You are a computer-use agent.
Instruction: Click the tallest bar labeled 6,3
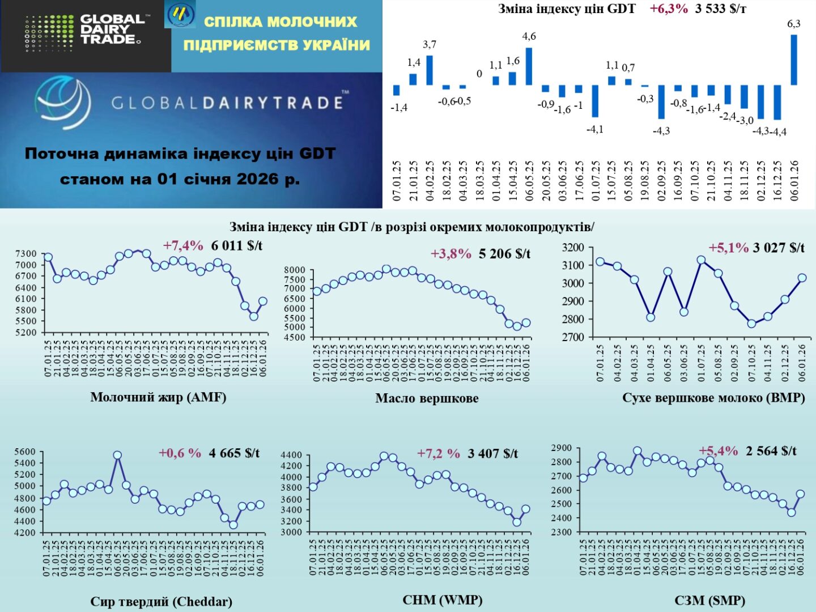pyautogui.click(x=794, y=60)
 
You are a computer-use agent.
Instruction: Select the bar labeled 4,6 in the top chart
pyautogui.click(x=529, y=66)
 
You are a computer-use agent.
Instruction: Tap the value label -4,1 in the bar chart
pyautogui.click(x=595, y=130)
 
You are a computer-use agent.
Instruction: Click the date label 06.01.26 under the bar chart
pyautogui.click(x=794, y=180)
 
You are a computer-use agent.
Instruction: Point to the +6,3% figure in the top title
pyautogui.click(x=669, y=9)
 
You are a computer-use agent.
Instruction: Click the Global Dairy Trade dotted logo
pyautogui.click(x=49, y=33)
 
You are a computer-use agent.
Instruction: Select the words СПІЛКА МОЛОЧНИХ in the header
pyautogui.click(x=280, y=22)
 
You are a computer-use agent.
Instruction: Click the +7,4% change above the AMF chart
pyautogui.click(x=183, y=245)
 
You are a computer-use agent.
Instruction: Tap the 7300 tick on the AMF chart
pyautogui.click(x=26, y=254)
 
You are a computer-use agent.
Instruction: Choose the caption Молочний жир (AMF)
pyautogui.click(x=158, y=397)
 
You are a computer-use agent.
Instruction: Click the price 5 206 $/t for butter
pyautogui.click(x=504, y=254)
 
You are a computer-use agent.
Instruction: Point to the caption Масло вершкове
pyautogui.click(x=427, y=398)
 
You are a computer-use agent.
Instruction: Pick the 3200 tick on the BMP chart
pyautogui.click(x=572, y=248)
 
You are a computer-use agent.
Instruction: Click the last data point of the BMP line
pyautogui.click(x=802, y=278)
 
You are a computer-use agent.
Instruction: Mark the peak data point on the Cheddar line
pyautogui.click(x=117, y=455)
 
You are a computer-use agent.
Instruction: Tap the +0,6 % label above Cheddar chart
pyautogui.click(x=180, y=453)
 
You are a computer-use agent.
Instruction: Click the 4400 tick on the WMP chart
pyautogui.click(x=291, y=455)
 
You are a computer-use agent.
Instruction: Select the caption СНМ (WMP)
pyautogui.click(x=442, y=600)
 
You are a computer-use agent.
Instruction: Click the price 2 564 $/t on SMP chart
pyautogui.click(x=771, y=451)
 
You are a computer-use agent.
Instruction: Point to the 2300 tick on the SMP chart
pyautogui.click(x=562, y=532)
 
